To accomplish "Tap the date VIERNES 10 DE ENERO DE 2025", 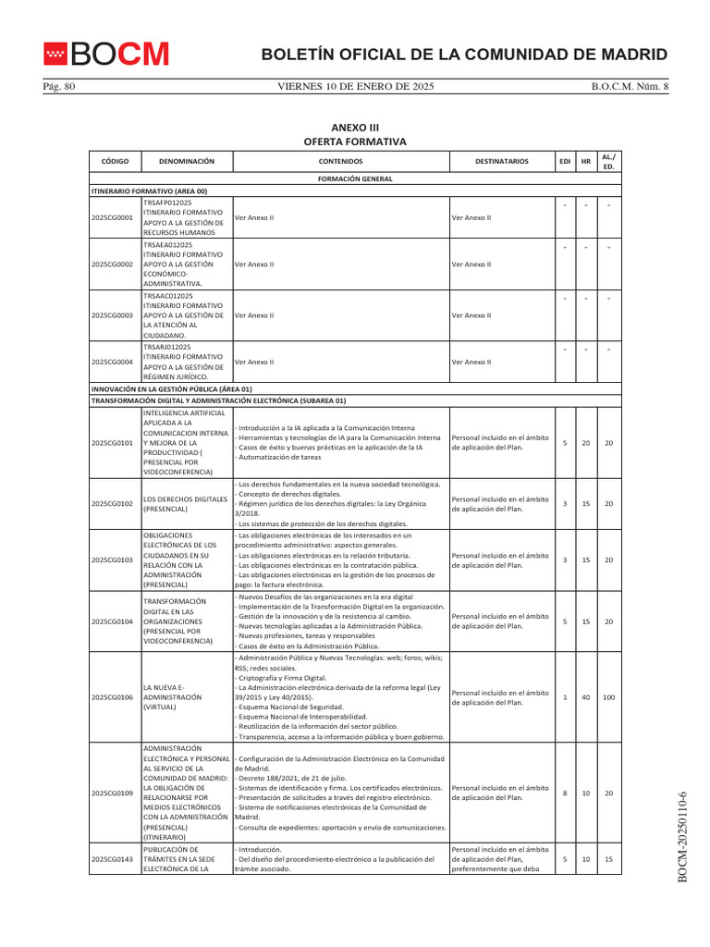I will [x=356, y=87].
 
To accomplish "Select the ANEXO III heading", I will [x=355, y=127].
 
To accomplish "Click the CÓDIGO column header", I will [x=115, y=161].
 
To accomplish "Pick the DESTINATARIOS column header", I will [x=501, y=161].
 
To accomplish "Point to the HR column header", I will [x=585, y=161].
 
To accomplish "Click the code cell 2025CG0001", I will [x=113, y=218].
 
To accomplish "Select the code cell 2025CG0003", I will [x=113, y=315].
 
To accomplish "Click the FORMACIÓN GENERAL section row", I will [x=355, y=178].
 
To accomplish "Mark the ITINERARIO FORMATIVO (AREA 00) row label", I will [x=149, y=191].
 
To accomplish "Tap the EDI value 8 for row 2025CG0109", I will [x=564, y=793].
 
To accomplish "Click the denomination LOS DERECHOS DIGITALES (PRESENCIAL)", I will [x=185, y=503].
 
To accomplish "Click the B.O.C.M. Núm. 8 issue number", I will [x=629, y=87].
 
